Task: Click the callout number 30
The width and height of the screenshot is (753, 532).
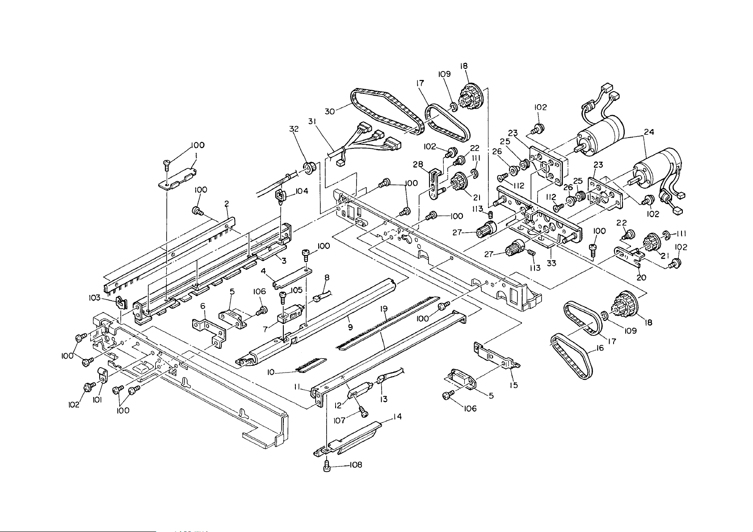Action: [x=330, y=111]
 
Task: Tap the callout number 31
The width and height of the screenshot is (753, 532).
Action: [x=312, y=122]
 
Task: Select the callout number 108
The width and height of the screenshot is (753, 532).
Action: [x=356, y=465]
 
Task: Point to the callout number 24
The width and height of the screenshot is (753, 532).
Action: [x=649, y=132]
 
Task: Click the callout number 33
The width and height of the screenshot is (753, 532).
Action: [x=551, y=264]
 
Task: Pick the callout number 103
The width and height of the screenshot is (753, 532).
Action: [x=95, y=298]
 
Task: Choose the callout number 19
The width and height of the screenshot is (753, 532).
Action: [x=384, y=309]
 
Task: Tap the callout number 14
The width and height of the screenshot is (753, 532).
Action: [x=397, y=417]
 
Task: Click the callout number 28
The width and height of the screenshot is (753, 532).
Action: [x=418, y=164]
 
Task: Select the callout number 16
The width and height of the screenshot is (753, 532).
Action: [x=600, y=348]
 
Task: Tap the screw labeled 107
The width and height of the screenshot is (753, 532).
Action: [x=362, y=412]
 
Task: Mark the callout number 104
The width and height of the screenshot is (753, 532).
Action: [x=302, y=191]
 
